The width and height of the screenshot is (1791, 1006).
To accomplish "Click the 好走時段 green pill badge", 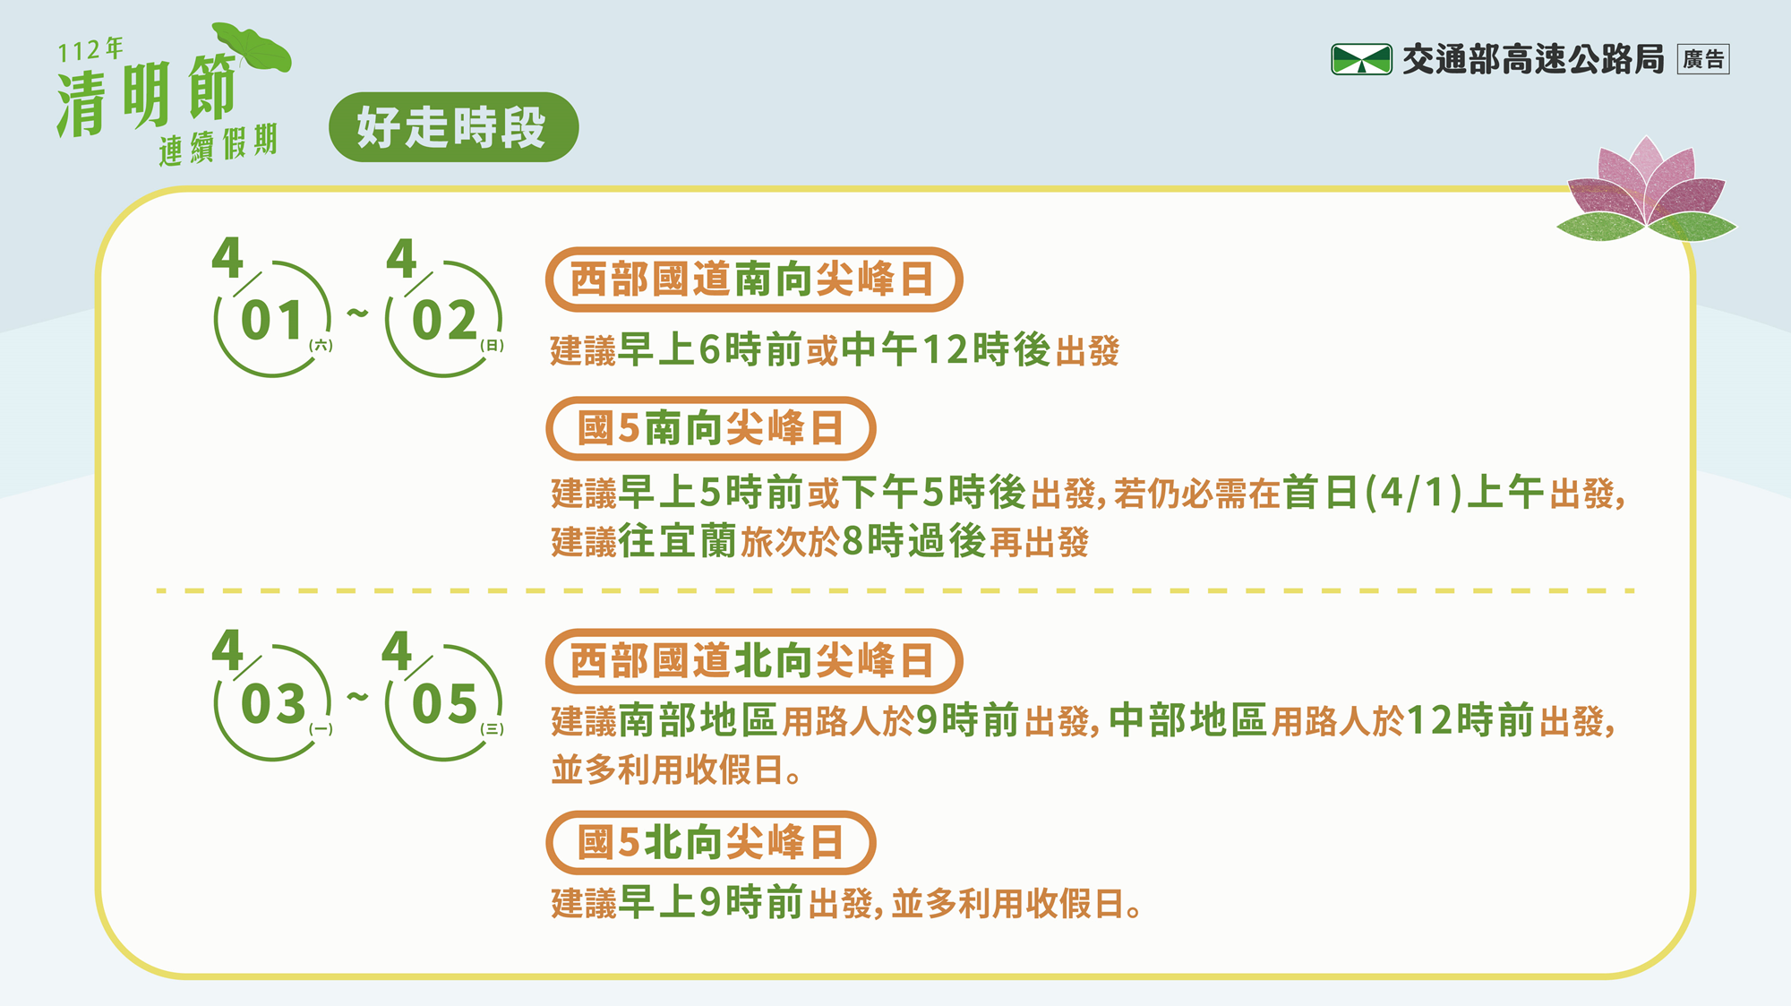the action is click(454, 127).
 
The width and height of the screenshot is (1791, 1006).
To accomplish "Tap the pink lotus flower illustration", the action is click(1646, 190).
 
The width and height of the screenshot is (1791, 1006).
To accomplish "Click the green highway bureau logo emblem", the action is click(1361, 59).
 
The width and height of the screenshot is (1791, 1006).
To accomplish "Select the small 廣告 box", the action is click(1703, 59).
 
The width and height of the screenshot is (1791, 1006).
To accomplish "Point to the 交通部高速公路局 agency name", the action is click(1533, 59).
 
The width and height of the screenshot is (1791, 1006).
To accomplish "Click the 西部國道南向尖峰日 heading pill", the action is click(754, 279).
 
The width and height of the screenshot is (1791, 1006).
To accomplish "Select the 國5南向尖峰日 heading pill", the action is click(711, 428).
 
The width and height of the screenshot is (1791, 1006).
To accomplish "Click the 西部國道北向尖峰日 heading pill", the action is click(754, 661).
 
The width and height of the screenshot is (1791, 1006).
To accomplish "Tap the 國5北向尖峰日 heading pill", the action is click(711, 842).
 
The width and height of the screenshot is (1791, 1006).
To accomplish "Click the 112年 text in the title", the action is click(90, 50).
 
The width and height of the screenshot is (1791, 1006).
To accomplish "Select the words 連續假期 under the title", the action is click(219, 145).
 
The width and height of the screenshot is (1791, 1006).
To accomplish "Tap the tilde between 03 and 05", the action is click(358, 696).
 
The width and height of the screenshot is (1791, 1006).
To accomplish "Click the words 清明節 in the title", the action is click(147, 95).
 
